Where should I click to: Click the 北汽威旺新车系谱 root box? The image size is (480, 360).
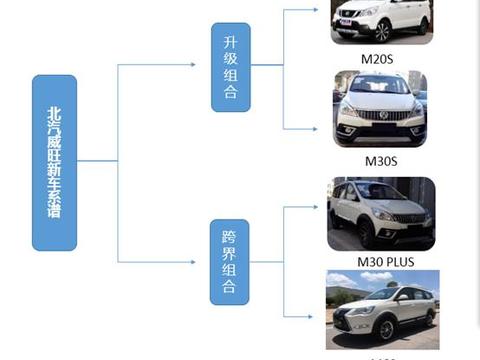pyautogui.click(x=54, y=162)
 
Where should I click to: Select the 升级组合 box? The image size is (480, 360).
pyautogui.click(x=230, y=67)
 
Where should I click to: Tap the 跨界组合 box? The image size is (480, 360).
pyautogui.click(x=230, y=262)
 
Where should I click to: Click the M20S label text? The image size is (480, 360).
pyautogui.click(x=379, y=58)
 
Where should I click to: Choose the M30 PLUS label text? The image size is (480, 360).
pyautogui.click(x=380, y=262)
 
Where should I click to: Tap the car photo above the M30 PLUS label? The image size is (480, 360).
pyautogui.click(x=380, y=213)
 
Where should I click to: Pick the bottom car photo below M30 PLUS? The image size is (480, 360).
pyautogui.click(x=380, y=309)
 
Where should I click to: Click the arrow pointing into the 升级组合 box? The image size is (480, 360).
pyautogui.click(x=190, y=66)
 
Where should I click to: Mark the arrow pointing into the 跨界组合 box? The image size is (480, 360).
pyautogui.click(x=190, y=262)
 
